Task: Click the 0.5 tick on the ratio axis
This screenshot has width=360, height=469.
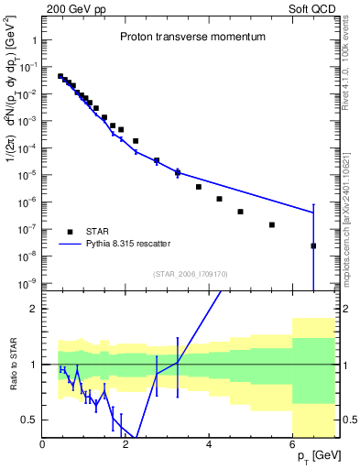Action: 31,420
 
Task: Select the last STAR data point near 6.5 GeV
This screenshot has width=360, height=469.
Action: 313,245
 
